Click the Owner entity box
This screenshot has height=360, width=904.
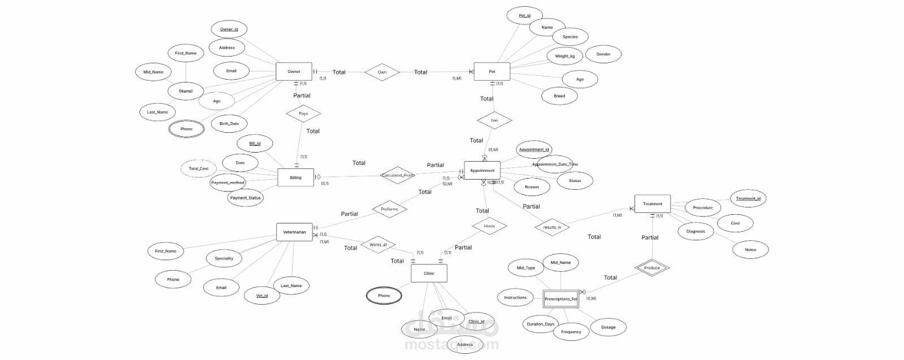tap(294, 72)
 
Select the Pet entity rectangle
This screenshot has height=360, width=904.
tap(492, 72)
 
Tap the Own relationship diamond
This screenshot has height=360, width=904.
tap(382, 72)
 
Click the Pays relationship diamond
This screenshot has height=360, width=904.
tap(303, 114)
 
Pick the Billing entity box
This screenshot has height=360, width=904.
tap(295, 177)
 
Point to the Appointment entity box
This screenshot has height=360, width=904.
tap(482, 170)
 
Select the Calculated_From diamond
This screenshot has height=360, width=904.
tap(398, 175)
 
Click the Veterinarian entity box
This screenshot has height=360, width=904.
tap(294, 232)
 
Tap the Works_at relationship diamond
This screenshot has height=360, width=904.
tap(378, 245)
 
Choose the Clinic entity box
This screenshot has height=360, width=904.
tap(429, 274)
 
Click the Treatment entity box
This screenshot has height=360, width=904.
tap(653, 203)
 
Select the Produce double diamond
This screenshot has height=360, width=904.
tap(651, 268)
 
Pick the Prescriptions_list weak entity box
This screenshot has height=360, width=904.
tap(561, 299)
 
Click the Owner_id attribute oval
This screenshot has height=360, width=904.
tap(229, 29)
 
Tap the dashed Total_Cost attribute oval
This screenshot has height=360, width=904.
tap(199, 168)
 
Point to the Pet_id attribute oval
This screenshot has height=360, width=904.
tap(524, 15)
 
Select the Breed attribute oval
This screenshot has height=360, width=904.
tap(559, 96)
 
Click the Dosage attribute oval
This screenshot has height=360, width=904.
tap(608, 327)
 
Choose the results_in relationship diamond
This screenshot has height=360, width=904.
tap(552, 227)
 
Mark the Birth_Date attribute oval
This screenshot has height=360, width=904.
tap(229, 123)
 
